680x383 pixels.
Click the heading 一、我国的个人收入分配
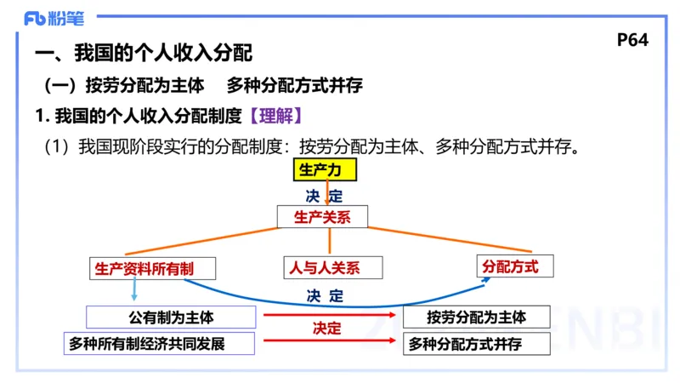point(144,54)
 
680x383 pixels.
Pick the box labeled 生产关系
point(323,216)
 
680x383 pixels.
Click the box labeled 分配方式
point(510,266)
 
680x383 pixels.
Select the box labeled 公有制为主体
point(171,317)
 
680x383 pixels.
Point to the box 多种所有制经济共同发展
point(161,344)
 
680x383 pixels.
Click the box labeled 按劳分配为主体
point(476,317)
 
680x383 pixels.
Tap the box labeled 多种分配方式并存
point(476,344)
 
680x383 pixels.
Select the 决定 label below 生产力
point(324,195)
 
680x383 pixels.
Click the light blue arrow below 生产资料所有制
point(134,290)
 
